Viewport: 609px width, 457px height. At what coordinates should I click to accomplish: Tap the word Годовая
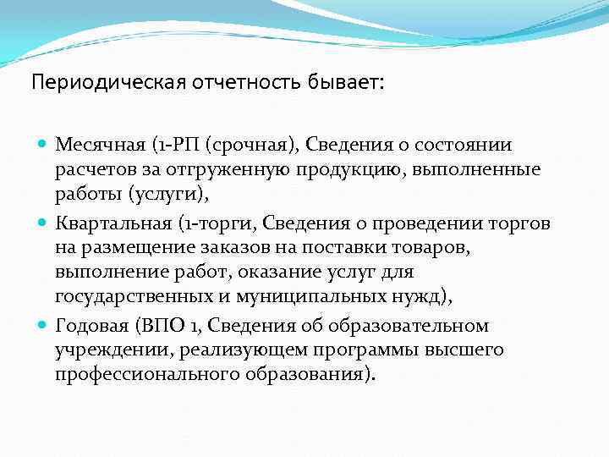click(89, 326)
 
